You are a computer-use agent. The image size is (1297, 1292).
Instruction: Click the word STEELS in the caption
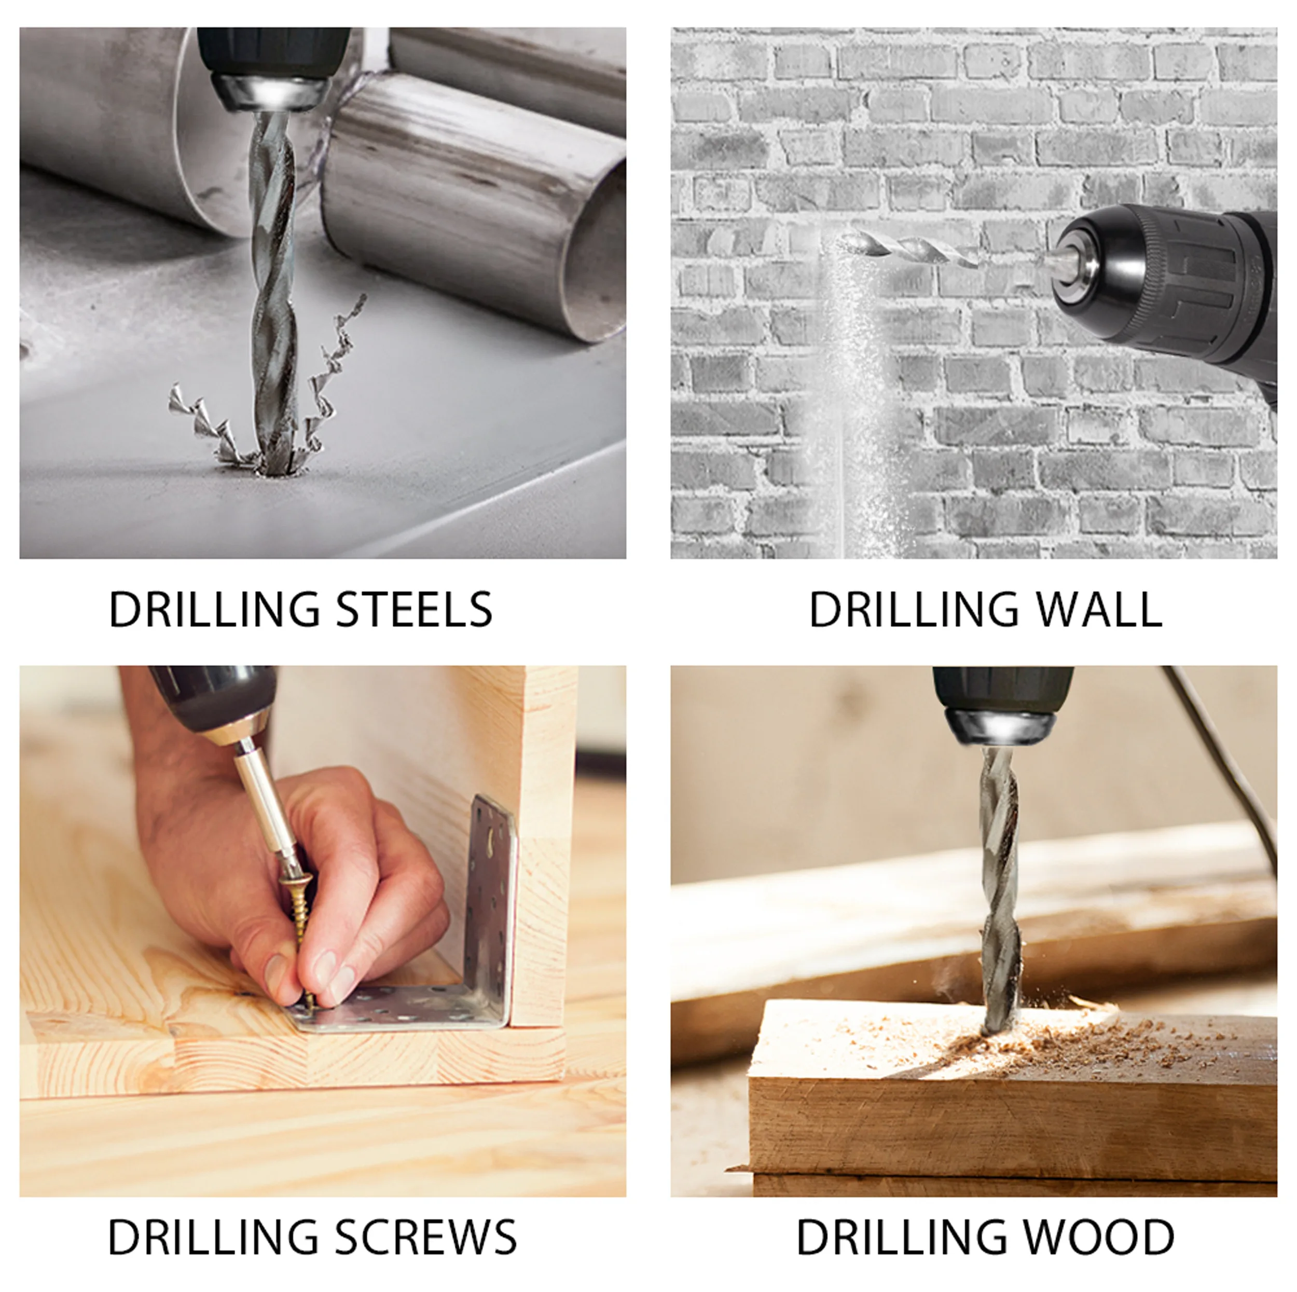click(x=413, y=610)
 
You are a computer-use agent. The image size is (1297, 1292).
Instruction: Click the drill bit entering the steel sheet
click(x=273, y=292)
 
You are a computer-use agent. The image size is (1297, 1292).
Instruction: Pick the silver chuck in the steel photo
click(x=272, y=93)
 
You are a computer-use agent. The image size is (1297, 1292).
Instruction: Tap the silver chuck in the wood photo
click(x=1000, y=726)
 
